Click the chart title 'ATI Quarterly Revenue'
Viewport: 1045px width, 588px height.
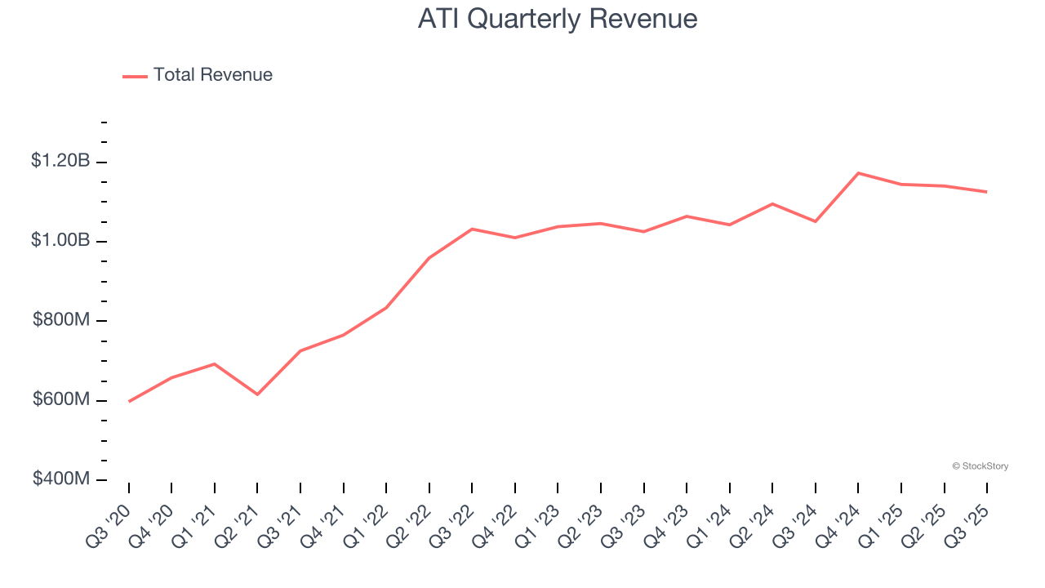pyautogui.click(x=558, y=19)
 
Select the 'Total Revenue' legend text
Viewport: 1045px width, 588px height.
pyautogui.click(x=212, y=75)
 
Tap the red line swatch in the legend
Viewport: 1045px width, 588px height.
pyautogui.click(x=135, y=76)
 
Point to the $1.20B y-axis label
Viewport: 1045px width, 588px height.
pyautogui.click(x=60, y=161)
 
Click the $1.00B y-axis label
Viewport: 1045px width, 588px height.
pyautogui.click(x=60, y=241)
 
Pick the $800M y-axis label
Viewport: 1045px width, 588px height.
pyautogui.click(x=61, y=320)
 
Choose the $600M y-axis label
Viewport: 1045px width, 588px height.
pyautogui.click(x=61, y=400)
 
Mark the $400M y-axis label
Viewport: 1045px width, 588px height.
pyautogui.click(x=61, y=479)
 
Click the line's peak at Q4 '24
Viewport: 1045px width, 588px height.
pyautogui.click(x=858, y=173)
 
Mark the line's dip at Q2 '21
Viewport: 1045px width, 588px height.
pyautogui.click(x=257, y=394)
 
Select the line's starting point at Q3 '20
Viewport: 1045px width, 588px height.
pyautogui.click(x=129, y=402)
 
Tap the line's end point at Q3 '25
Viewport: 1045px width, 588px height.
pyautogui.click(x=987, y=192)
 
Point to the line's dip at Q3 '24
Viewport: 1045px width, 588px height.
pyautogui.click(x=815, y=221)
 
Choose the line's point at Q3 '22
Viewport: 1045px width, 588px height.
pyautogui.click(x=472, y=229)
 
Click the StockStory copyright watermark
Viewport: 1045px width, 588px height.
pyautogui.click(x=980, y=466)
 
